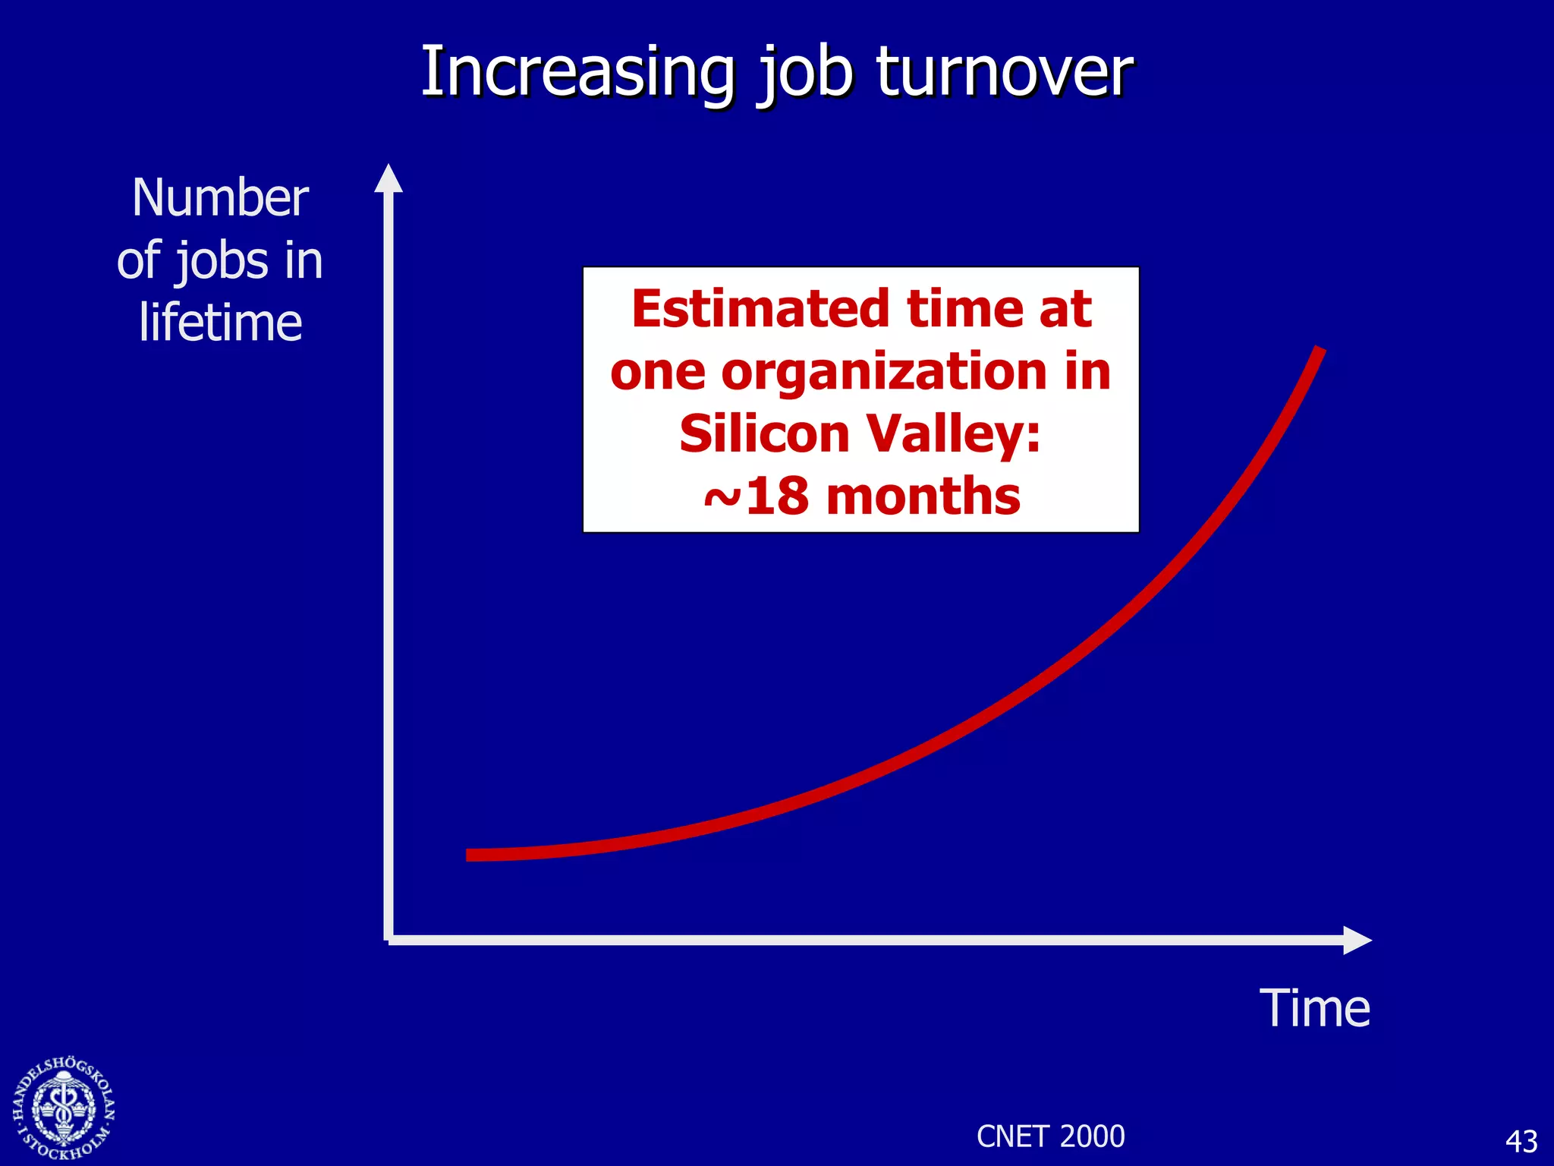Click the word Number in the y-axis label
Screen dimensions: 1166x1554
(x=220, y=198)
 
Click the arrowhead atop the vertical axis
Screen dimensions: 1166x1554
(x=388, y=179)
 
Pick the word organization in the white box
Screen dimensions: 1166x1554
(x=884, y=372)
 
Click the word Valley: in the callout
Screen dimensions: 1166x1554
(x=954, y=435)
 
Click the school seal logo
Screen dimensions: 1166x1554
(x=64, y=1108)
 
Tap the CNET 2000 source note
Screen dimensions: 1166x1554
(x=1050, y=1136)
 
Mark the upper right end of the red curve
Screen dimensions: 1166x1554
(x=1319, y=350)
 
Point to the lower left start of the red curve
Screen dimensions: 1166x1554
(x=470, y=855)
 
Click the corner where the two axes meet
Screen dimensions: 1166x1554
(x=388, y=940)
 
